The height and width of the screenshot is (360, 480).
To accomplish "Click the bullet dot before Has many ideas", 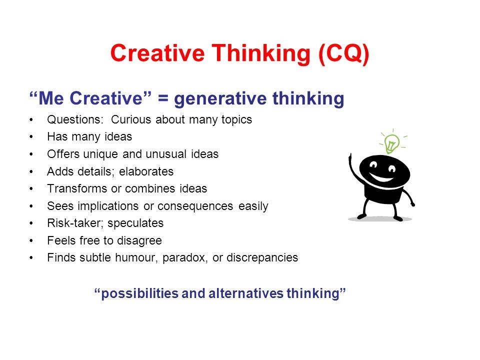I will (32, 137).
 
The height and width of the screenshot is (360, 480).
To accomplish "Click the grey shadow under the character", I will (380, 218).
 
